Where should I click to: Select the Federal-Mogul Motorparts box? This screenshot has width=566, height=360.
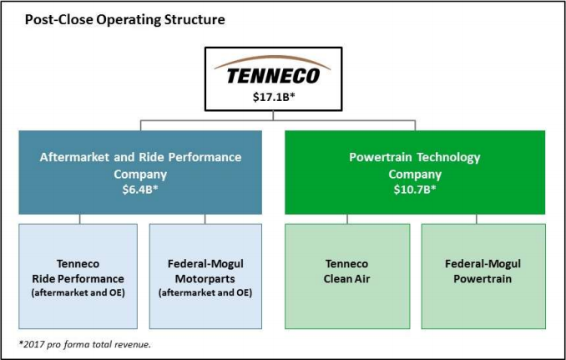205,276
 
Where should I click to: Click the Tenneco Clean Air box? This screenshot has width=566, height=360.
347,276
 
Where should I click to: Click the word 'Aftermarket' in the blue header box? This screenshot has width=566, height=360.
79,157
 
